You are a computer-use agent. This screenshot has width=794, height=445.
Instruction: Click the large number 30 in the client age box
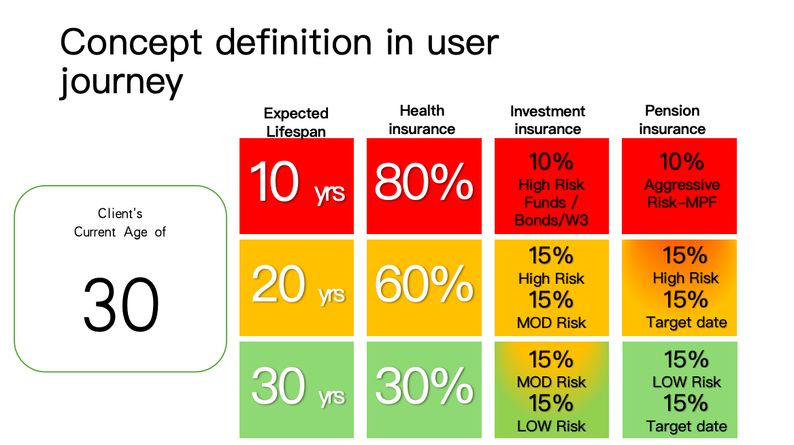point(121,305)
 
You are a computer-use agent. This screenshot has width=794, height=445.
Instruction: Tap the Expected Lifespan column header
point(296,122)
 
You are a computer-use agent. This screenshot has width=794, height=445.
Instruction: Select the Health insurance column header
point(422,120)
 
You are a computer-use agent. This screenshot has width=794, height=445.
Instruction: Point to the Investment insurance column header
point(548,120)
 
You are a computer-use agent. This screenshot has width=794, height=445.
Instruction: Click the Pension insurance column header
point(672,120)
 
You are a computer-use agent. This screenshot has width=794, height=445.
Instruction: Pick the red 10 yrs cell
point(297,186)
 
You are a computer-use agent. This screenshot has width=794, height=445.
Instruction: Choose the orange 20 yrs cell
point(297,288)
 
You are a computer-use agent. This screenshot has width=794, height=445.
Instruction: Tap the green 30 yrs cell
point(297,389)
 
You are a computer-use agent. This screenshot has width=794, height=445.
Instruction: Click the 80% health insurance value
point(424,182)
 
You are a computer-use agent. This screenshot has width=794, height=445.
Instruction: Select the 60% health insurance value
point(424,284)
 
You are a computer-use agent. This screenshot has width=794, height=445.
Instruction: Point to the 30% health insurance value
point(424,386)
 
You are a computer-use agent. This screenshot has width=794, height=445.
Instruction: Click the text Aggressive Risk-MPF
point(682,193)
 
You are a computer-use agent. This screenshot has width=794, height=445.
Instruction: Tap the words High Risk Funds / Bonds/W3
point(551,203)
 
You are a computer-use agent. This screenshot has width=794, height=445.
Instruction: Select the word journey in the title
point(122,82)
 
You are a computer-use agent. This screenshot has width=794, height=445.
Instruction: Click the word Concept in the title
point(131,43)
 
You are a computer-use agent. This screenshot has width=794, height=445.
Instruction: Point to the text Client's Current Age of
point(120,222)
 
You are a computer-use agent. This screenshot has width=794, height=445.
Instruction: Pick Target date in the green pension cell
point(687,426)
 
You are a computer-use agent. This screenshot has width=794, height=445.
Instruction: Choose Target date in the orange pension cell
point(687,323)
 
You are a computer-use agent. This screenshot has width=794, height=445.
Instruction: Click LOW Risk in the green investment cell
point(551,426)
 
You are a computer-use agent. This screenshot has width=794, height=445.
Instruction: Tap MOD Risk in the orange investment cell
point(551,323)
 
